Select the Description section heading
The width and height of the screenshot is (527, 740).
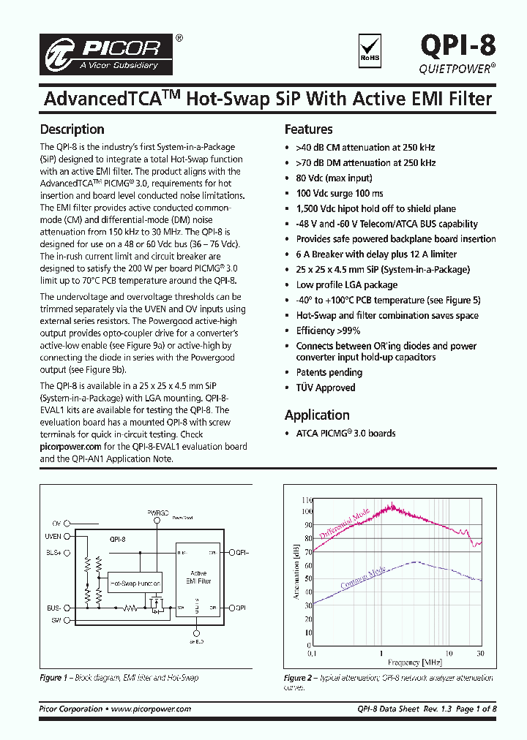72,129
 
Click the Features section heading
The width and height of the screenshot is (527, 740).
308,129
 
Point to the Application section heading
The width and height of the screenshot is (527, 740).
317,415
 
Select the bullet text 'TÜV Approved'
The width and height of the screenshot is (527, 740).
325,388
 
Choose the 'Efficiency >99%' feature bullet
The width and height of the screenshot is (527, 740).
327,331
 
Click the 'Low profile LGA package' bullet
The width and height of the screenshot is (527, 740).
346,284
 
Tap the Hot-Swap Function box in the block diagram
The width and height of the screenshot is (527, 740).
135,584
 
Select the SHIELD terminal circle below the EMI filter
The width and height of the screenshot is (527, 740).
196,633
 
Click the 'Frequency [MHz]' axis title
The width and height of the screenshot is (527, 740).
400,662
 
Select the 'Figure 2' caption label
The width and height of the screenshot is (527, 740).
299,678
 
